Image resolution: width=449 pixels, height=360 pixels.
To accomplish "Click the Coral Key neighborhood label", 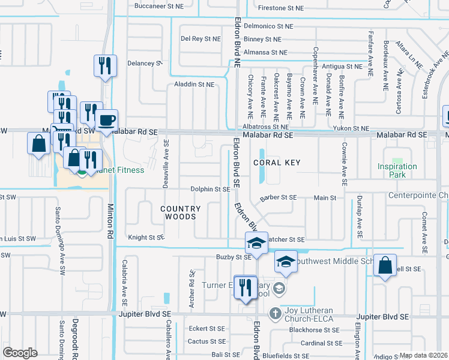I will (276, 163).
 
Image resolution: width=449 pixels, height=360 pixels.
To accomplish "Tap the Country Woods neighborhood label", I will (180, 212).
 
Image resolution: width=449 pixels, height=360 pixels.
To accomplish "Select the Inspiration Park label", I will (397, 170).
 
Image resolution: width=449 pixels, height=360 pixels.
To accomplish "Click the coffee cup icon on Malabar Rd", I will (107, 119).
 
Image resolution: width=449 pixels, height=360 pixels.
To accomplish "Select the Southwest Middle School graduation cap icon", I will (286, 261).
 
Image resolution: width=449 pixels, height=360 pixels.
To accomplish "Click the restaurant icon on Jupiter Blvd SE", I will (245, 287).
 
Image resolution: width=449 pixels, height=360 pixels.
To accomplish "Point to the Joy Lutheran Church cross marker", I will (275, 313).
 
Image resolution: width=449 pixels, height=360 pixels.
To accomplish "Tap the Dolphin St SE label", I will (210, 189).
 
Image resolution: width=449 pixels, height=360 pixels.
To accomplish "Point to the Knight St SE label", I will (146, 238).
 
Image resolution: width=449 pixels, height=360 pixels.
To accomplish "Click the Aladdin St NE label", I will (194, 85).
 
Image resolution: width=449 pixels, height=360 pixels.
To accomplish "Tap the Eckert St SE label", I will (206, 329).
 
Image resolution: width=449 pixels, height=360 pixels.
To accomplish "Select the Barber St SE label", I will (278, 197).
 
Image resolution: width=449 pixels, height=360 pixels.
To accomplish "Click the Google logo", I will (20, 353).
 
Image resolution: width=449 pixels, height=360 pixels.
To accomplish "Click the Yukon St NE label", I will (352, 128).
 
